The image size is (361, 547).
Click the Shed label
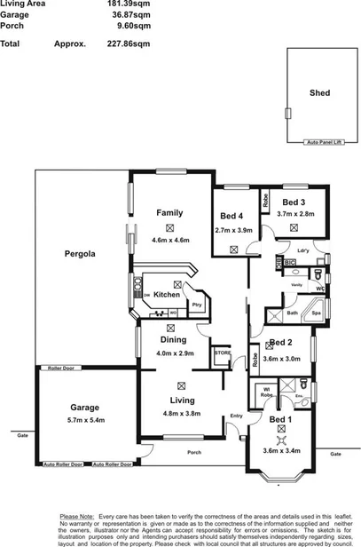[x=318, y=92]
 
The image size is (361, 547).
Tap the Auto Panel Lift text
[x=324, y=142]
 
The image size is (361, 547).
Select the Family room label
[x=169, y=213]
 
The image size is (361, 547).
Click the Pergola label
[x=80, y=254]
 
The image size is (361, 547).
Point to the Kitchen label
[x=167, y=295]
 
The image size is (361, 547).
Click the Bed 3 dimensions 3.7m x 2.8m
[x=294, y=214]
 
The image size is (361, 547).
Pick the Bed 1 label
[x=280, y=419]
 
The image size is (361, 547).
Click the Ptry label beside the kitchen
[x=196, y=305]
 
